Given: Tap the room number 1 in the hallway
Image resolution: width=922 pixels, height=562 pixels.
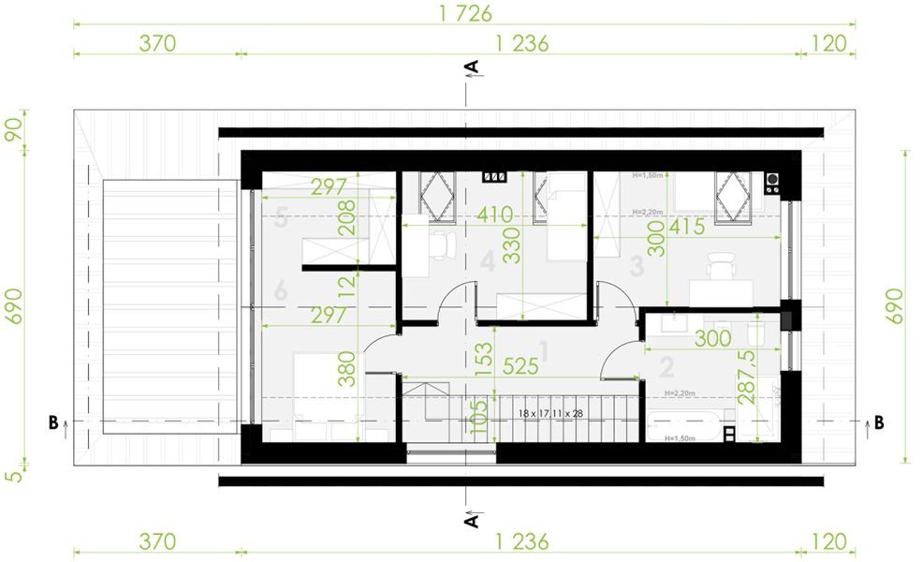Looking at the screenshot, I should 544,349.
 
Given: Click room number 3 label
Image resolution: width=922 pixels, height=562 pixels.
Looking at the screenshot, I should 637,267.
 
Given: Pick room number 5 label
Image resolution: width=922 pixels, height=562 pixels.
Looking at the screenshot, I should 280,222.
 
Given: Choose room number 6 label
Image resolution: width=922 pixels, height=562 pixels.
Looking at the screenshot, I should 281,292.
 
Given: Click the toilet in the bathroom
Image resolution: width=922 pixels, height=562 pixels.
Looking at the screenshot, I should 758,332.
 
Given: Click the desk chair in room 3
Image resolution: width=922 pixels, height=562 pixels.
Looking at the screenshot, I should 720,265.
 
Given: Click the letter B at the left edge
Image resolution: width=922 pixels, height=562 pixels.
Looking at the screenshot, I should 52,422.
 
